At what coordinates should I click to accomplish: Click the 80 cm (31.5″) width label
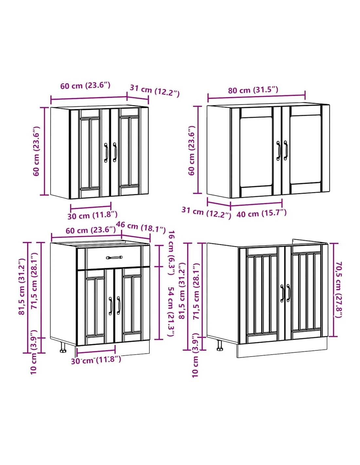[x=253, y=90]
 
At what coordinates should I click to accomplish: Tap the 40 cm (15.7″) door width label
[x=261, y=213]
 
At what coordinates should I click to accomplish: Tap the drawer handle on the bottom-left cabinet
[x=114, y=257]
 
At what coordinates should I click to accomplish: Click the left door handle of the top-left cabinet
[x=106, y=153]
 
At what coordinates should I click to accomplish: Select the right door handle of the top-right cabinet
[x=285, y=150]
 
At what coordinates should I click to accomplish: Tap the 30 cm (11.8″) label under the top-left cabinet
[x=93, y=215]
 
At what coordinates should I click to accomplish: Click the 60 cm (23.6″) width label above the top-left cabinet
[x=85, y=86]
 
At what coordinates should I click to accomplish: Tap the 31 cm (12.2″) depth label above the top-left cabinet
[x=154, y=91]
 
